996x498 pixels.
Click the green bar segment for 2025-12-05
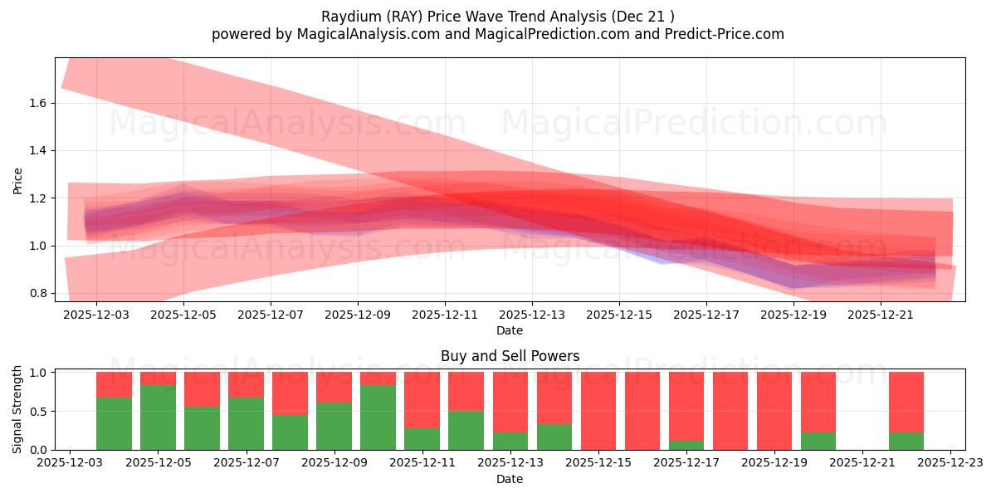pyautogui.click(x=158, y=417)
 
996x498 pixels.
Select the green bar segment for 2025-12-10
pyautogui.click(x=378, y=417)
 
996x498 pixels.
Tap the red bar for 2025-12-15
pyautogui.click(x=598, y=411)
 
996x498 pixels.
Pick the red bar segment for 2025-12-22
pyautogui.click(x=906, y=402)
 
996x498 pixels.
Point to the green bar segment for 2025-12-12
pyautogui.click(x=466, y=430)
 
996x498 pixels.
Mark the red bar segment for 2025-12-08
pyautogui.click(x=290, y=393)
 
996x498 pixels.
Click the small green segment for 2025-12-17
pyautogui.click(x=686, y=445)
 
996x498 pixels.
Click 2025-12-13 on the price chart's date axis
pyautogui.click(x=532, y=315)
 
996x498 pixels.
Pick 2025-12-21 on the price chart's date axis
pyautogui.click(x=881, y=315)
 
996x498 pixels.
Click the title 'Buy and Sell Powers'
pyautogui.click(x=510, y=357)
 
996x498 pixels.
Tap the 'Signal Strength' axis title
pyautogui.click(x=17, y=410)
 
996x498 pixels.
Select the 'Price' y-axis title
pyautogui.click(x=17, y=180)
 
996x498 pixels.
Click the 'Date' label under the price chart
pyautogui.click(x=510, y=330)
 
